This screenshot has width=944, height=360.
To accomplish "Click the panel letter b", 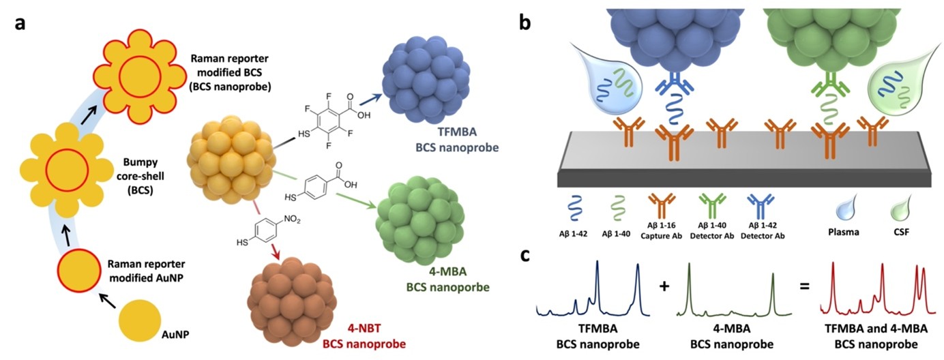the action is (525, 21).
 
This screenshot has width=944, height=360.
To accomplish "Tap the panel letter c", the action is (525, 255).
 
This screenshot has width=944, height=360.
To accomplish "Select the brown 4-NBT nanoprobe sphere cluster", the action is (292, 302).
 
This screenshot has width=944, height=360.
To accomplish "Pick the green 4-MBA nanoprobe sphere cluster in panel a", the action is (420, 220).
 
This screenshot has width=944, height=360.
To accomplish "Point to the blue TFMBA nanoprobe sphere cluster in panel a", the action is (426, 80).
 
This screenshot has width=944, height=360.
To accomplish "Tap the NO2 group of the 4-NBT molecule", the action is (292, 220).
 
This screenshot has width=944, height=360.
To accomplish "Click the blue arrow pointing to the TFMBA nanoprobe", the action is (370, 100).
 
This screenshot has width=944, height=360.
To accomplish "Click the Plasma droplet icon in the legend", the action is (845, 208).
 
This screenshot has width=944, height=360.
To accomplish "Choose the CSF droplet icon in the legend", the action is (900, 208).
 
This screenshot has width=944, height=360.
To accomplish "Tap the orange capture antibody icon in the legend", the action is (662, 207).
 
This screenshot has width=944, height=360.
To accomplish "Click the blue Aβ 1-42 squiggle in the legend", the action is (574, 208).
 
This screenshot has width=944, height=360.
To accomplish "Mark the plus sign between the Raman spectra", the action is (664, 286).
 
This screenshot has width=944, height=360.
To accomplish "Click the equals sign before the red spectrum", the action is (804, 286).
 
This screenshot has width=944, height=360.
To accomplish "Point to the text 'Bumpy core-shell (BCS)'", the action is (141, 176).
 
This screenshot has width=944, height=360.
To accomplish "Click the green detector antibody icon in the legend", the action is (712, 207).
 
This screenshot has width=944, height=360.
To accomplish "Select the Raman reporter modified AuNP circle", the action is (78, 271).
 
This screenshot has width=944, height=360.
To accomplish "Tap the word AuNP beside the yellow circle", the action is (175, 335).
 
